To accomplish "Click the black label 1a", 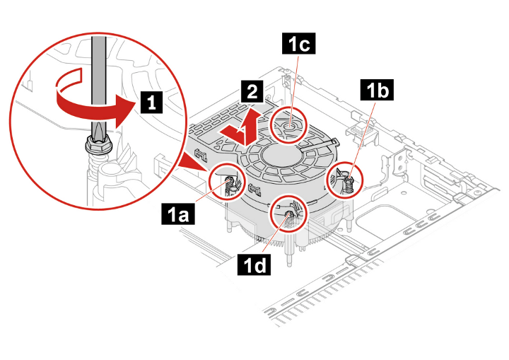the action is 178,214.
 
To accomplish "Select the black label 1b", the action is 378,90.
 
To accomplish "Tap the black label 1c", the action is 298,43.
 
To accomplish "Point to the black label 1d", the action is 255,265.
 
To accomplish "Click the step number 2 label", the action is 252,92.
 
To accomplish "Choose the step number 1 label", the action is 151,103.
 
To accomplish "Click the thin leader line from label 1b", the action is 363,139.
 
